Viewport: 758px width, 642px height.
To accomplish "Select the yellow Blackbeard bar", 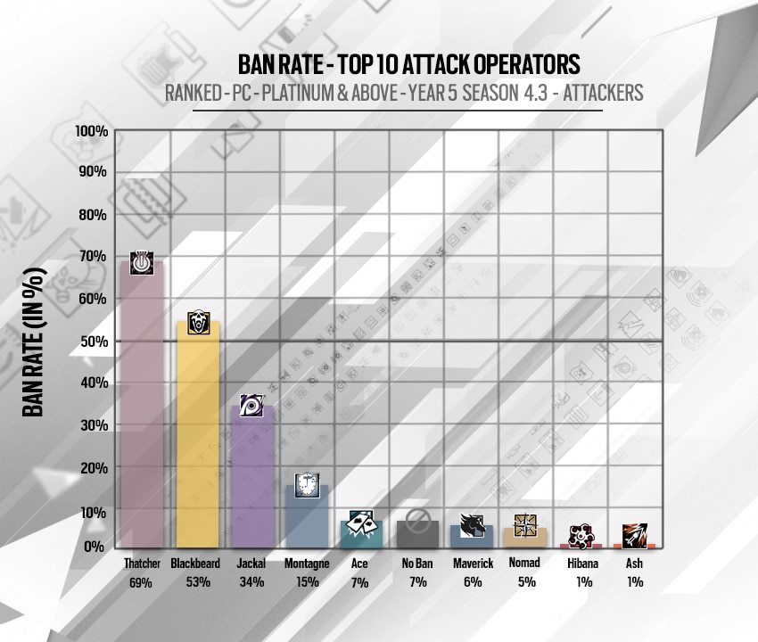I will click(x=198, y=437).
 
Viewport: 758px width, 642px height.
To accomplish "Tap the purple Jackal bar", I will click(x=252, y=477).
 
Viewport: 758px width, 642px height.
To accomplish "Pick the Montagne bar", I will click(x=307, y=517).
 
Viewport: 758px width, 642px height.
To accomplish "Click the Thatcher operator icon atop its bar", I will click(x=142, y=263).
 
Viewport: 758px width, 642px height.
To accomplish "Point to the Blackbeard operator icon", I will click(x=198, y=323).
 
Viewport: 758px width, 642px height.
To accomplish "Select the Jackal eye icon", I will click(x=252, y=406).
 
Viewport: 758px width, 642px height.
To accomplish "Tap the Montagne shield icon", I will click(x=307, y=482).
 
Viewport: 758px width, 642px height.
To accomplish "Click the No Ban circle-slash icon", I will click(x=416, y=519).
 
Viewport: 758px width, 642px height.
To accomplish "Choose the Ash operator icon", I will click(x=635, y=534).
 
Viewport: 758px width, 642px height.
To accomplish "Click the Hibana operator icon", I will click(x=581, y=534).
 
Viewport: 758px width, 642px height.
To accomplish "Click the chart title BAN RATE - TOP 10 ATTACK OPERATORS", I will click(x=409, y=64).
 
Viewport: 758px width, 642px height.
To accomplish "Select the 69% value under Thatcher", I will click(x=142, y=582).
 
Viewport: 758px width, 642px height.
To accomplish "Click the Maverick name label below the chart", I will click(x=472, y=564).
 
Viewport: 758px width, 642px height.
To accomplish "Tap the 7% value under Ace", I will click(x=361, y=582).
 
